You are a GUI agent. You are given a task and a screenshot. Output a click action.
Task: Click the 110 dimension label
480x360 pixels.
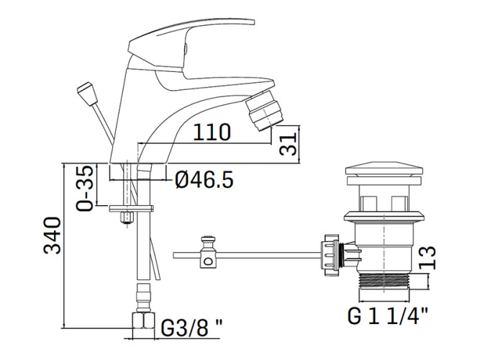tap(212, 132)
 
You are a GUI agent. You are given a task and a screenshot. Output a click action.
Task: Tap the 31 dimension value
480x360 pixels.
tap(289, 144)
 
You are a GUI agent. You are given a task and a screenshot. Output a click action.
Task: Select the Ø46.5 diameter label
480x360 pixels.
tap(204, 179)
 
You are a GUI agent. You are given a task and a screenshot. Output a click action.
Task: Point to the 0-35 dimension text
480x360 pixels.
tap(84, 189)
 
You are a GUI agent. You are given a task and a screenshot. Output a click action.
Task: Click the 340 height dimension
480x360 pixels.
tap(52, 235)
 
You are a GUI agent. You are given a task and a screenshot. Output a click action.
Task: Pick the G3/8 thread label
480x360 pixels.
tap(191, 328)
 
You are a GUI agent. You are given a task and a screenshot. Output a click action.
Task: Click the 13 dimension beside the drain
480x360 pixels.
tap(427, 258)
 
